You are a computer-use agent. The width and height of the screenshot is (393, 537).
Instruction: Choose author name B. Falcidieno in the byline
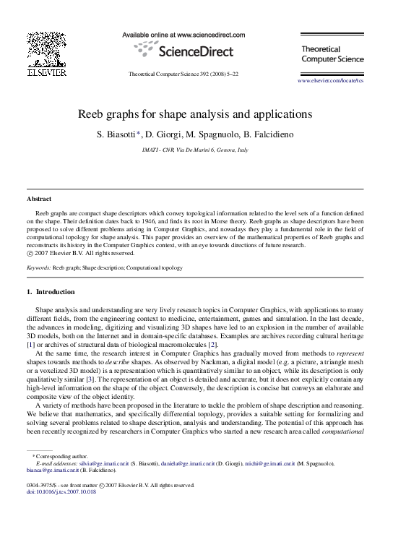272,134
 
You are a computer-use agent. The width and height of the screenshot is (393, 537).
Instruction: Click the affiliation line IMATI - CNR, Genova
196,150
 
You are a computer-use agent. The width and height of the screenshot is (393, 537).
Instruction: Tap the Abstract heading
39,198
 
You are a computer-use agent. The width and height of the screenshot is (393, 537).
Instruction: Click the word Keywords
38,267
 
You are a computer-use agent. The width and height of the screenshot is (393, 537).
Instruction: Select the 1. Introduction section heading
50,292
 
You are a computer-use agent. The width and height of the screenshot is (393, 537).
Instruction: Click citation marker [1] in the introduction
30,345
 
